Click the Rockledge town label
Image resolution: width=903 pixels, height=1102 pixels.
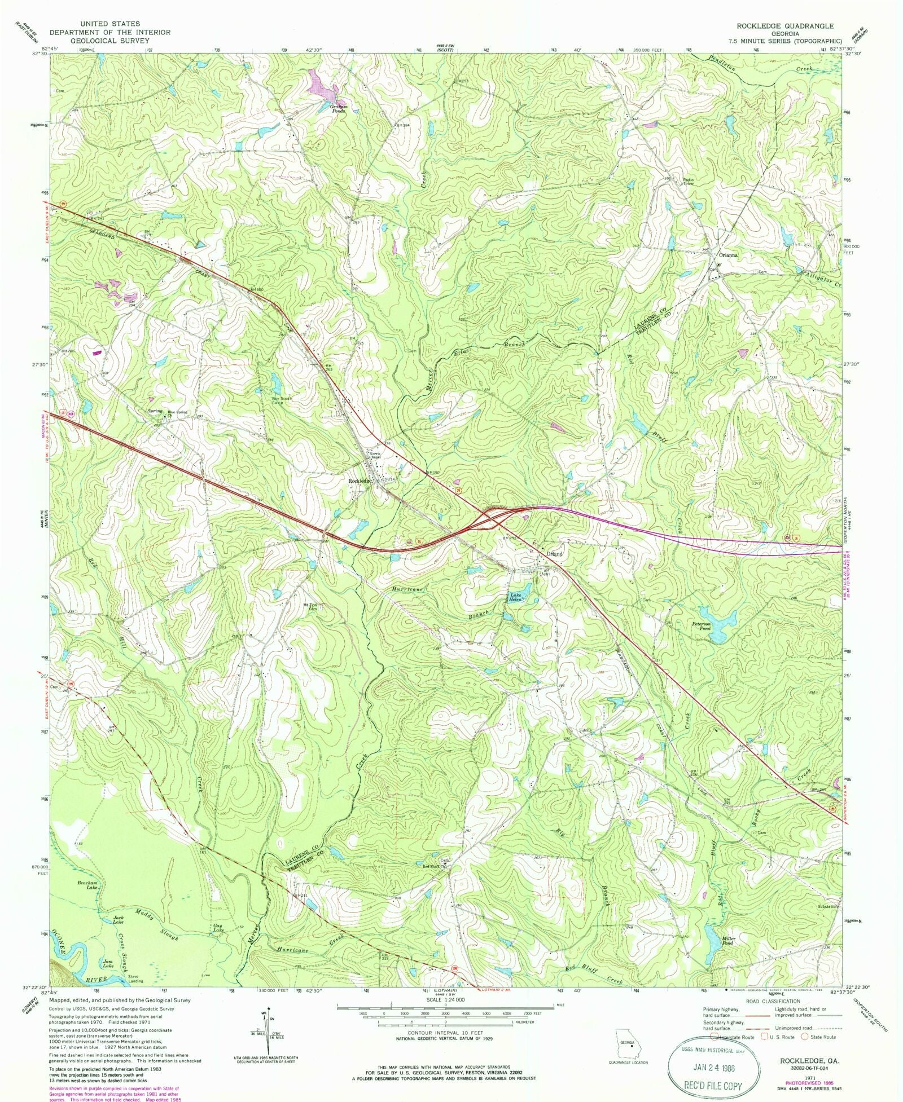pyautogui.click(x=360, y=481)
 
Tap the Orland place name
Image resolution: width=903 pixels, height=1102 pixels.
pyautogui.click(x=554, y=554)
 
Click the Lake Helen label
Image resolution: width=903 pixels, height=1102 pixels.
pyautogui.click(x=516, y=597)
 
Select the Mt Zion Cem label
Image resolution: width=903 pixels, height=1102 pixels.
pyautogui.click(x=310, y=607)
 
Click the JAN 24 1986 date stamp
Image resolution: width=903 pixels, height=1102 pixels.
pyautogui.click(x=713, y=1069)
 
